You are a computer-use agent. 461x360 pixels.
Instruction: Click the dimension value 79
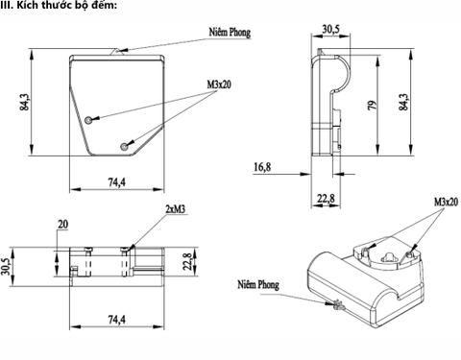(x=372, y=105)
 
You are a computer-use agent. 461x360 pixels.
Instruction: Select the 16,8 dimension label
(x=262, y=167)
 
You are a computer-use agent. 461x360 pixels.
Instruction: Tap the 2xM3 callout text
(x=176, y=209)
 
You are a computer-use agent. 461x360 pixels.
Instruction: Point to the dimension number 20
(x=62, y=225)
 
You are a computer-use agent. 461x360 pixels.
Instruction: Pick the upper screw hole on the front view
(x=88, y=120)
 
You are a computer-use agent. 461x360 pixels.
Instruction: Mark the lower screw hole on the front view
(x=124, y=147)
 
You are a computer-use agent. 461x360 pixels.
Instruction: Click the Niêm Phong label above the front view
(x=230, y=33)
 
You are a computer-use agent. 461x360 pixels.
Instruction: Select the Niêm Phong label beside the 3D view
(x=258, y=284)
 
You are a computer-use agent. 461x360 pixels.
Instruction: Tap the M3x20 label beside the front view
(x=219, y=84)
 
